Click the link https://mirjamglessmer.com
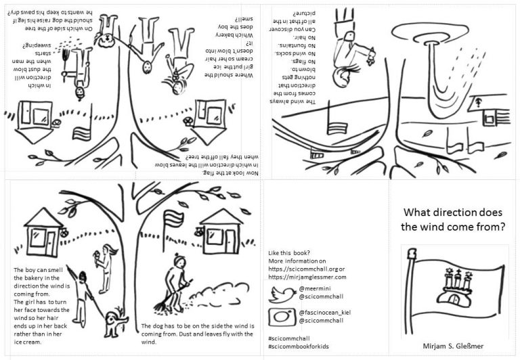pos(307,277)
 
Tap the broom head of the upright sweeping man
pos(160,306)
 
